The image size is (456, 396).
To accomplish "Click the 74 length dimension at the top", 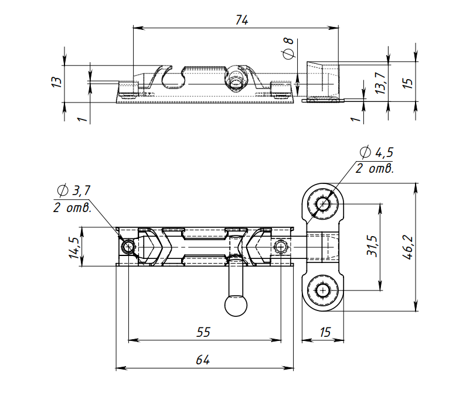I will pos(241,19).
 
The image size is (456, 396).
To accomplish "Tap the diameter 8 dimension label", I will pos(288,48).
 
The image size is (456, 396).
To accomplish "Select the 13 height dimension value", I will pos(56,81).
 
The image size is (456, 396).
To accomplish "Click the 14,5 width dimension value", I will pos(73,248).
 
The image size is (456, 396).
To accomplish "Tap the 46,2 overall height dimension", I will pos(408,247).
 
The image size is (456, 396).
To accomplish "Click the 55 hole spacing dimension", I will pos(203,332).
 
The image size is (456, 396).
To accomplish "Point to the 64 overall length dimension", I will pos(203,360).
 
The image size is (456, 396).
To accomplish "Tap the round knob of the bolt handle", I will pos(236,305).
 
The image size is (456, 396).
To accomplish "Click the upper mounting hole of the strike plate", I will pos(323,204).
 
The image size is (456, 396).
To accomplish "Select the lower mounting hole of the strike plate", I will pos(323,290).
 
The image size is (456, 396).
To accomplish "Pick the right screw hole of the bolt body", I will pos(281,247).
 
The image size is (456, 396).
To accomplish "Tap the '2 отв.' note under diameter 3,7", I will pos(72,207).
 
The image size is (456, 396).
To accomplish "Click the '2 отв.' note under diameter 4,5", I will pos(375,169).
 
